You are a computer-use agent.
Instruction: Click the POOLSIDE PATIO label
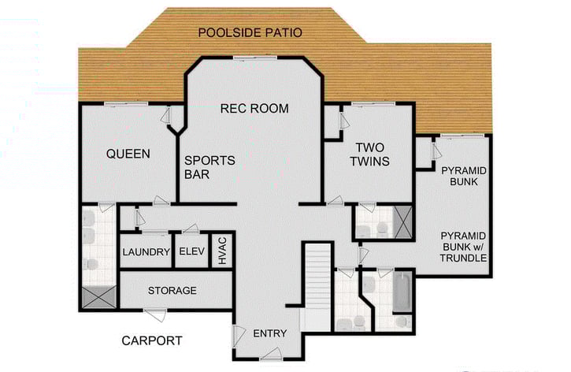coord(250,32)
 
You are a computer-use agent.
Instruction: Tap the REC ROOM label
coord(254,108)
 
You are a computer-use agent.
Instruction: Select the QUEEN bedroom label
coord(128,154)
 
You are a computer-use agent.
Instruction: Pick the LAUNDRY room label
coord(146,252)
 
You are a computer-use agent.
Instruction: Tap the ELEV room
coord(191,252)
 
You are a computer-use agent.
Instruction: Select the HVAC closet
coord(222,251)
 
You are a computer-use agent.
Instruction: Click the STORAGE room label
coord(172,291)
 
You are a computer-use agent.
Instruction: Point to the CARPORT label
coord(152,341)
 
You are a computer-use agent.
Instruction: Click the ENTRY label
coord(269,333)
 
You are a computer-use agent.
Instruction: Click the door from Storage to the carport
coord(155,314)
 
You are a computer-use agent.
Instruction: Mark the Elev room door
coord(190,229)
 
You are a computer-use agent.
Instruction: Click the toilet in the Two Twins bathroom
coord(381,228)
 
